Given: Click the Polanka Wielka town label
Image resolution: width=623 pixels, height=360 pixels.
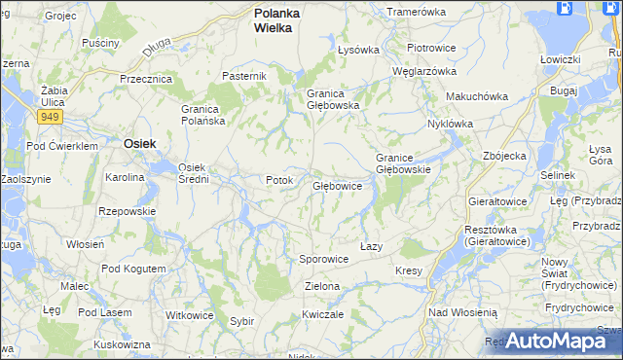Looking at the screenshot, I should [276, 20].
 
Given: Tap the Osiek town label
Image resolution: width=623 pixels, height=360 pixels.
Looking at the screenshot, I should [141, 143].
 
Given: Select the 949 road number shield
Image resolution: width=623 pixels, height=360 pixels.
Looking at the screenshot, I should [50, 117].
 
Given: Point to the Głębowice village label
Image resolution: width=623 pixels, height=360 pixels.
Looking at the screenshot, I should [338, 186].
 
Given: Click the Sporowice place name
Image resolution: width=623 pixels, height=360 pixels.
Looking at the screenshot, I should [323, 260].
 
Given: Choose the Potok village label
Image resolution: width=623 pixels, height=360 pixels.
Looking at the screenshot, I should [278, 181].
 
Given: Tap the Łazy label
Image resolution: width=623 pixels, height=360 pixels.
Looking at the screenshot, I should [370, 247].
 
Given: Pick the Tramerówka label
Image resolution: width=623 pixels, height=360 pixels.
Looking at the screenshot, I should [416, 12].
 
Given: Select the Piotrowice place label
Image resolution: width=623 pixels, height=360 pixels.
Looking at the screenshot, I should [431, 48].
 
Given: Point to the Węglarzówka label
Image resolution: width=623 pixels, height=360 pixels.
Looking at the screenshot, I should [423, 71].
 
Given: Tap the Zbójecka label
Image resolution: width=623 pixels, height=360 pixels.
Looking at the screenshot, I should [504, 156].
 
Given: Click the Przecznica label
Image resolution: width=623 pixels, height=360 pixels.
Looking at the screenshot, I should [145, 79].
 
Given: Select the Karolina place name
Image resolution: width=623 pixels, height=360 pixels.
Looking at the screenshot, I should [126, 178].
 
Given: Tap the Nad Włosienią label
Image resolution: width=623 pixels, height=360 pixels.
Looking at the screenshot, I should [462, 312].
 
